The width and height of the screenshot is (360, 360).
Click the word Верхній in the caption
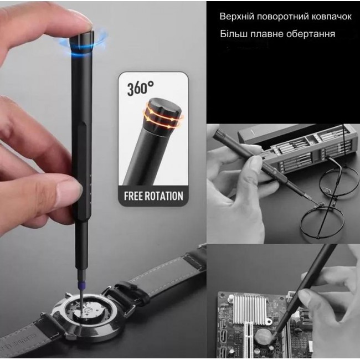tap(236, 17)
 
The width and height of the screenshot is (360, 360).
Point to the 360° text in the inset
tap(140, 88)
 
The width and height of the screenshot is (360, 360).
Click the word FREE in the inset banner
tap(133, 196)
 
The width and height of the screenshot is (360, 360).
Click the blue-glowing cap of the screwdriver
tap(82, 44)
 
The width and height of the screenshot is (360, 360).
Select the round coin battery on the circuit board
tap(265, 336)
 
